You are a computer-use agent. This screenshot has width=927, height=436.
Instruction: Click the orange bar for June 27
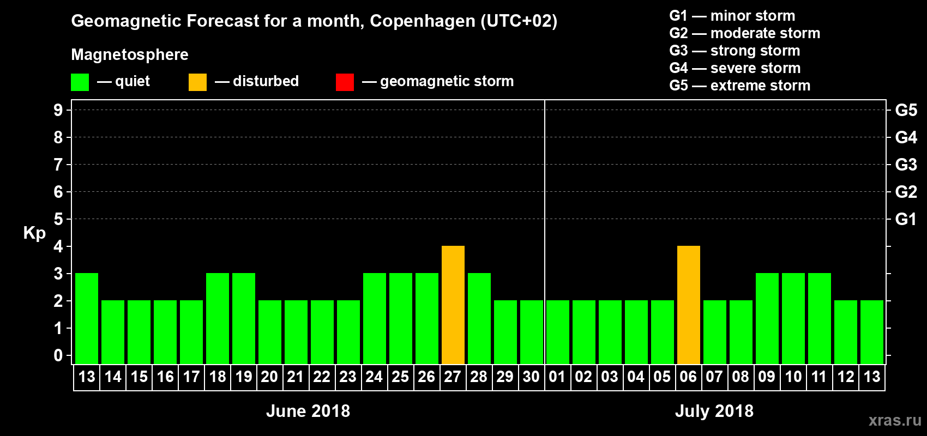(x=453, y=305)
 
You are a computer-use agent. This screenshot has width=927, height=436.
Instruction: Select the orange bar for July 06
(x=688, y=305)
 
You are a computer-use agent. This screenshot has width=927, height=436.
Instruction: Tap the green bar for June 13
(x=87, y=319)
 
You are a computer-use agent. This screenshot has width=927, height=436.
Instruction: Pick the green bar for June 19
(x=244, y=319)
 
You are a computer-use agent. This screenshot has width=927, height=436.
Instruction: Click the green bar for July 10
(x=793, y=319)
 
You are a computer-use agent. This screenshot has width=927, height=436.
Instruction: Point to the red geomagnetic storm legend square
(x=345, y=82)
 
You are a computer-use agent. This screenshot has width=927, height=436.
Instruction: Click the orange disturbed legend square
(x=197, y=82)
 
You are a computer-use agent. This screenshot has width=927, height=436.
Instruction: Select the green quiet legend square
(x=80, y=82)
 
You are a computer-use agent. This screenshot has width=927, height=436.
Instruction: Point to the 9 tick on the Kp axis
(x=58, y=110)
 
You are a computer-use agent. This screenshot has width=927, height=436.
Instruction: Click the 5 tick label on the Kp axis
(x=58, y=219)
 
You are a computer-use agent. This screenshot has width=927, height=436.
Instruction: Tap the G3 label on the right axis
(x=906, y=165)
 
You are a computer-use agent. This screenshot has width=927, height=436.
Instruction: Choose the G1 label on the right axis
(x=906, y=219)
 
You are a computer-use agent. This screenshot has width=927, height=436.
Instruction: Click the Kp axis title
(x=34, y=233)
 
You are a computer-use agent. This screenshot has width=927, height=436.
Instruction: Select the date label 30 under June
(x=531, y=377)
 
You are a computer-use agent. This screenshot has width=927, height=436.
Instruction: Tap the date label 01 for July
(x=557, y=377)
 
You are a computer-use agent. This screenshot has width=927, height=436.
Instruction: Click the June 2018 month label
(x=308, y=411)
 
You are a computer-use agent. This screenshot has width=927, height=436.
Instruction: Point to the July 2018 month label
(x=714, y=411)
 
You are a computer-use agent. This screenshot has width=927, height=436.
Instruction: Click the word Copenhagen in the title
(x=422, y=21)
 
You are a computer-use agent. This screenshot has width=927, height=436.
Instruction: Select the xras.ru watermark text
(x=895, y=420)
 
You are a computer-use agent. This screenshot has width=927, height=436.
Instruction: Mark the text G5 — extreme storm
(x=739, y=86)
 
